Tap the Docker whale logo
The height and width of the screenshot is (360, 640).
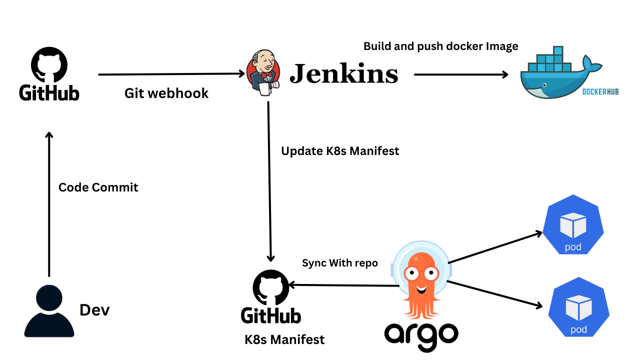555,75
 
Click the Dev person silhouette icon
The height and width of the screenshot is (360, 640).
49,311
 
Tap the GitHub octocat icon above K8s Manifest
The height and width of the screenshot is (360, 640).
270,287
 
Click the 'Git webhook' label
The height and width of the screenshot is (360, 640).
166,93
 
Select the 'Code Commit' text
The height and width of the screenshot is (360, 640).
98,187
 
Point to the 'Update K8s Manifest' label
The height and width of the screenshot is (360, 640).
340,151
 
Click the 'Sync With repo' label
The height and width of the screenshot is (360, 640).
340,263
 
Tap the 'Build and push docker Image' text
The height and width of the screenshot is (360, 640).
440,46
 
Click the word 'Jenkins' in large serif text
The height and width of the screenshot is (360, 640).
344,73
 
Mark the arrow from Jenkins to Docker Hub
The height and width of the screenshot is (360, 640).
460,74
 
